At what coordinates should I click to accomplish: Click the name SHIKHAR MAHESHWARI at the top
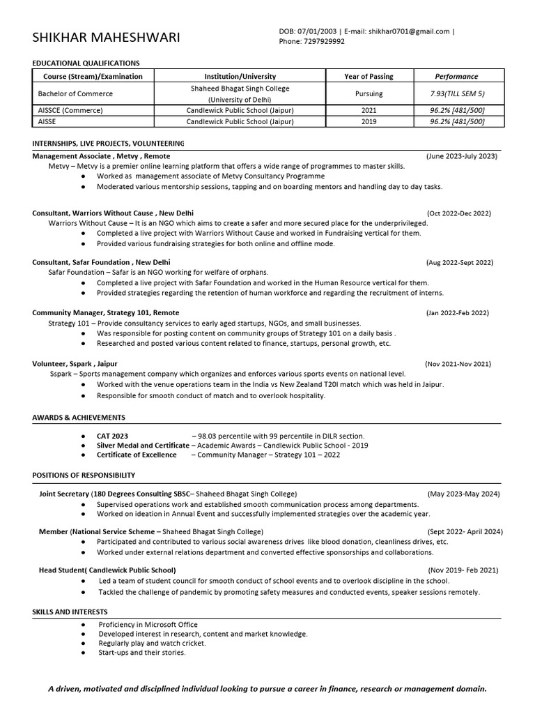(x=106, y=37)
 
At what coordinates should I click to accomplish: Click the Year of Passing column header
(x=369, y=76)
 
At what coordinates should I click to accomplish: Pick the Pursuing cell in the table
(x=369, y=93)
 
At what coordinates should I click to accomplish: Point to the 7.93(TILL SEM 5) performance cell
(x=458, y=93)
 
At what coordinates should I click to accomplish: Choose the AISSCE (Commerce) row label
(x=70, y=110)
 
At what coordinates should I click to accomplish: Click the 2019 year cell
(x=369, y=121)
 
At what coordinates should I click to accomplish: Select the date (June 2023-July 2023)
(x=462, y=156)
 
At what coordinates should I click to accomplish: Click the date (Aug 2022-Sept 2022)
(x=460, y=262)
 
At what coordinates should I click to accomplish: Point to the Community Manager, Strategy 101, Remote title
(x=105, y=313)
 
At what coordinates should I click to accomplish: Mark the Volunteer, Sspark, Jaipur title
(x=75, y=363)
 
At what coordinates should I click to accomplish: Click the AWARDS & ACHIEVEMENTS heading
(x=79, y=417)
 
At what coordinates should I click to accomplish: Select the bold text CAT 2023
(x=112, y=435)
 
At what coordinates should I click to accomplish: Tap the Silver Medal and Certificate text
(x=143, y=445)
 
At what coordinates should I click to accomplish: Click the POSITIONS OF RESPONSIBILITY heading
(x=84, y=475)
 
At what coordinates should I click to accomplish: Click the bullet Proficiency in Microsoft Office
(x=148, y=624)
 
